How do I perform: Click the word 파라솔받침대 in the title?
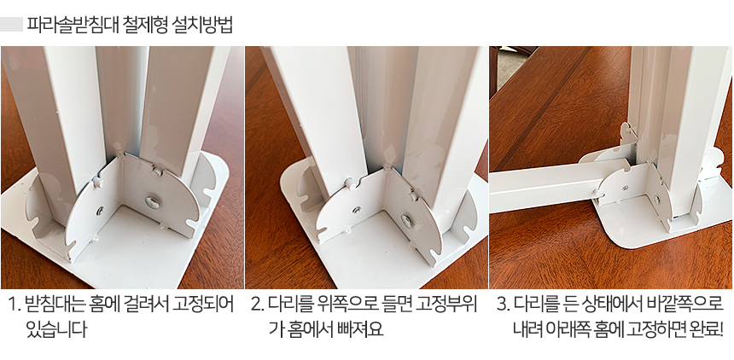(73, 24)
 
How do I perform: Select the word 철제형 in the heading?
(146, 24)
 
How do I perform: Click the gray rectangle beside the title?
(11, 25)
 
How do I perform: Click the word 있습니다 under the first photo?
(56, 329)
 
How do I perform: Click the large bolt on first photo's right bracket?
(152, 202)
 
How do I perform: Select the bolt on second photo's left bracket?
(357, 210)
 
